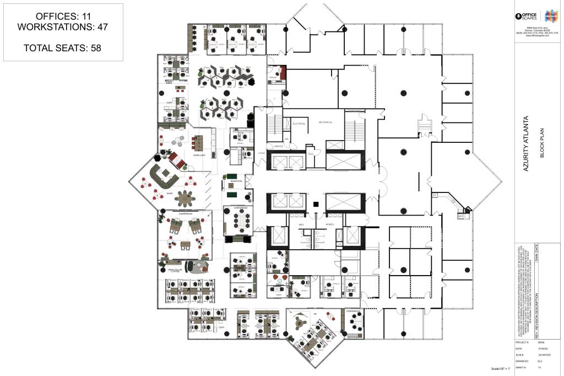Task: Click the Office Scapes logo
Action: pos(528,16)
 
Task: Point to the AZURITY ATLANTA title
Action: pos(527,143)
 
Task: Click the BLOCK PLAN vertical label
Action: pos(542,146)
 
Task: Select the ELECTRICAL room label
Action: pos(299,123)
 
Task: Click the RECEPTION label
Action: pos(236,180)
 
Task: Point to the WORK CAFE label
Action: pos(199,155)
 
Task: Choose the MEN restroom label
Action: pos(301,224)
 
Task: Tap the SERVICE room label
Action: pos(279,147)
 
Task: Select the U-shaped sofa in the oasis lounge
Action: pos(165,175)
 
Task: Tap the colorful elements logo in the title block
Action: pos(550,15)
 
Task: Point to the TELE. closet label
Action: pos(311,153)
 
